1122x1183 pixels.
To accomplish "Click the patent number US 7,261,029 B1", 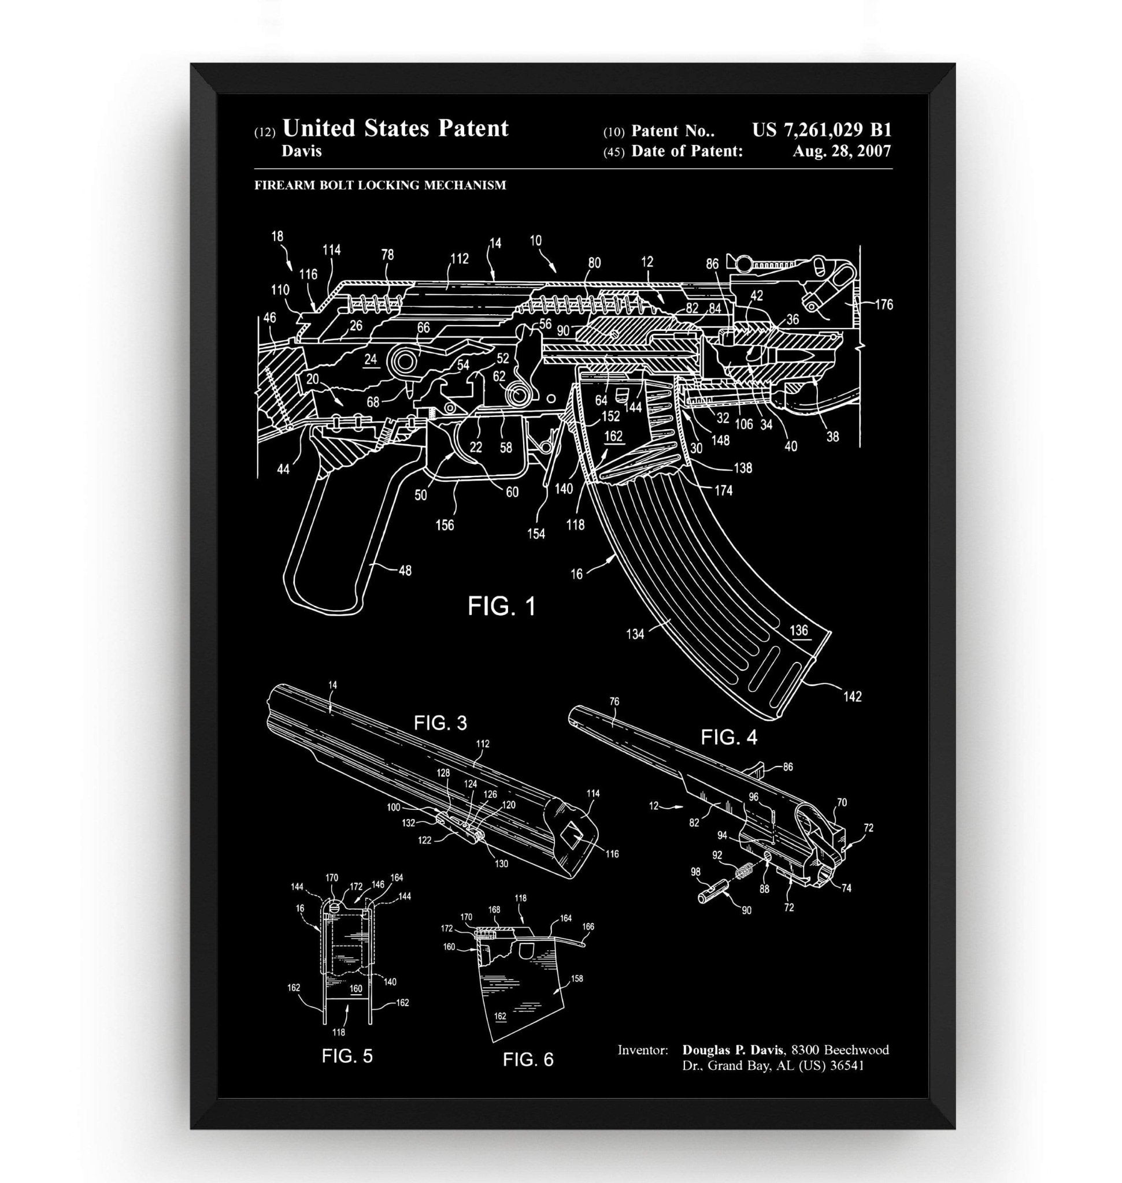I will [821, 130].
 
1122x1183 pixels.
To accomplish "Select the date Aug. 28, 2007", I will [842, 151].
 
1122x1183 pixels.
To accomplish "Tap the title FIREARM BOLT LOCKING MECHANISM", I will [380, 185].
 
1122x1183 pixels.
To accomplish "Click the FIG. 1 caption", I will [501, 607].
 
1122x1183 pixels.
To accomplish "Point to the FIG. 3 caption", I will [440, 723].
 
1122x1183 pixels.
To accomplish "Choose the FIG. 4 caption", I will [728, 737].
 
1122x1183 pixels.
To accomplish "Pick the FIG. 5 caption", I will [347, 1056].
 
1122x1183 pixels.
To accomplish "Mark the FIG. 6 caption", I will [528, 1059].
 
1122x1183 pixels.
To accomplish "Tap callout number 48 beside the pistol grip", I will [405, 571].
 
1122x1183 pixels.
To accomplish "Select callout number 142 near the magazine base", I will [853, 697].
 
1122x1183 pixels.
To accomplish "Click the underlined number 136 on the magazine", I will [798, 630].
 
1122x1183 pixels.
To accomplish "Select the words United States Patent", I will [395, 128].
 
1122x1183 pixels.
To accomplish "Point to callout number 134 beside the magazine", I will [635, 634].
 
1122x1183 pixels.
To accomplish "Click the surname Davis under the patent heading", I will [301, 151].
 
